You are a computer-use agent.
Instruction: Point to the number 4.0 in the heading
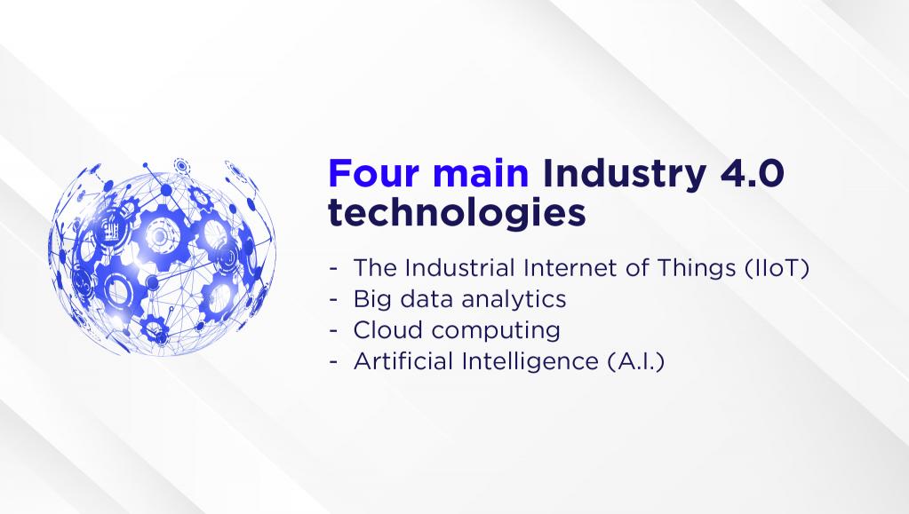pyautogui.click(x=753, y=173)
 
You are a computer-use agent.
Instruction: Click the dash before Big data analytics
pyautogui.click(x=333, y=299)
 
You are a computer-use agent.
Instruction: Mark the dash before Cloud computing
pyautogui.click(x=333, y=331)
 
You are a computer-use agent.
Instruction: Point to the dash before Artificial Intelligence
pyautogui.click(x=333, y=362)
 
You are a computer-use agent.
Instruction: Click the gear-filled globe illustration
pyautogui.click(x=163, y=257)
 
